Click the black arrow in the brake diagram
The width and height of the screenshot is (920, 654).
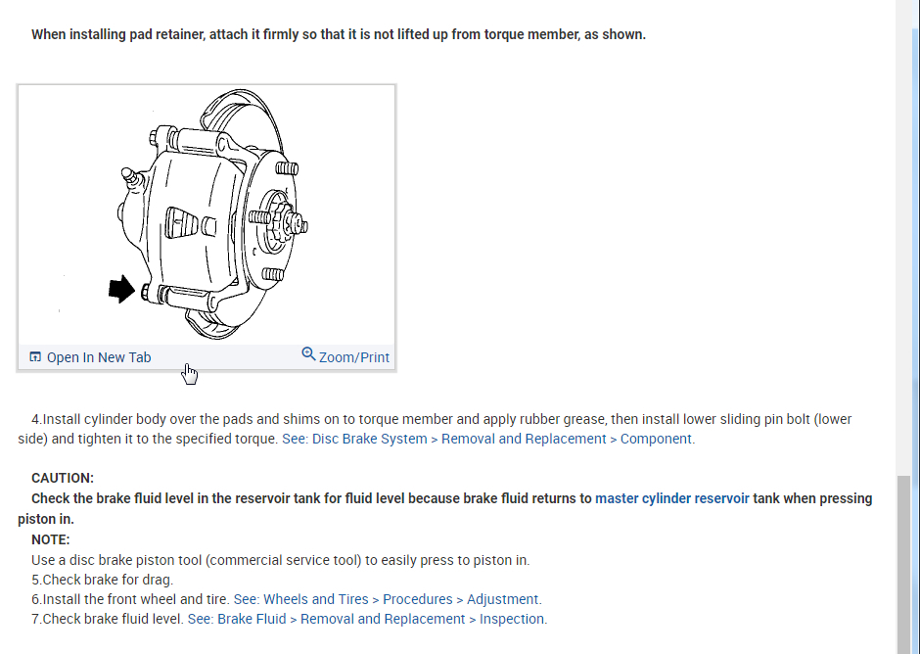[x=121, y=289]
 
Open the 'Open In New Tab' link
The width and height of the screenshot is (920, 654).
[x=99, y=357]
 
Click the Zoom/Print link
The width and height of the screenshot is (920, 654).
[x=354, y=357]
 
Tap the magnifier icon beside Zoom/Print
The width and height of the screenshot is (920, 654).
[x=309, y=354]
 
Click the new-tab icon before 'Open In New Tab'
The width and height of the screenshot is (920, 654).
[x=35, y=357]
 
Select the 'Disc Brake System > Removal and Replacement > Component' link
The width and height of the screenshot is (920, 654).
[x=486, y=439]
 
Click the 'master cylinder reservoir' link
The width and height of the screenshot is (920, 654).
[x=672, y=498]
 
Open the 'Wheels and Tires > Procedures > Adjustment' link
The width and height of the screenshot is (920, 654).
[x=387, y=599]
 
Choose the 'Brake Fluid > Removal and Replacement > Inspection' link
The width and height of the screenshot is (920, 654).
[x=367, y=619]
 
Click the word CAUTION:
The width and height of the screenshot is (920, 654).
[x=63, y=478]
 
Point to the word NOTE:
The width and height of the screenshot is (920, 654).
[x=51, y=539]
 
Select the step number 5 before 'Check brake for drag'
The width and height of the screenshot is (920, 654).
[x=35, y=580]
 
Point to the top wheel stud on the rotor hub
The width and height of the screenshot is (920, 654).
[x=287, y=168]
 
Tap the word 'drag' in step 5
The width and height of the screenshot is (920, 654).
[x=157, y=580]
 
